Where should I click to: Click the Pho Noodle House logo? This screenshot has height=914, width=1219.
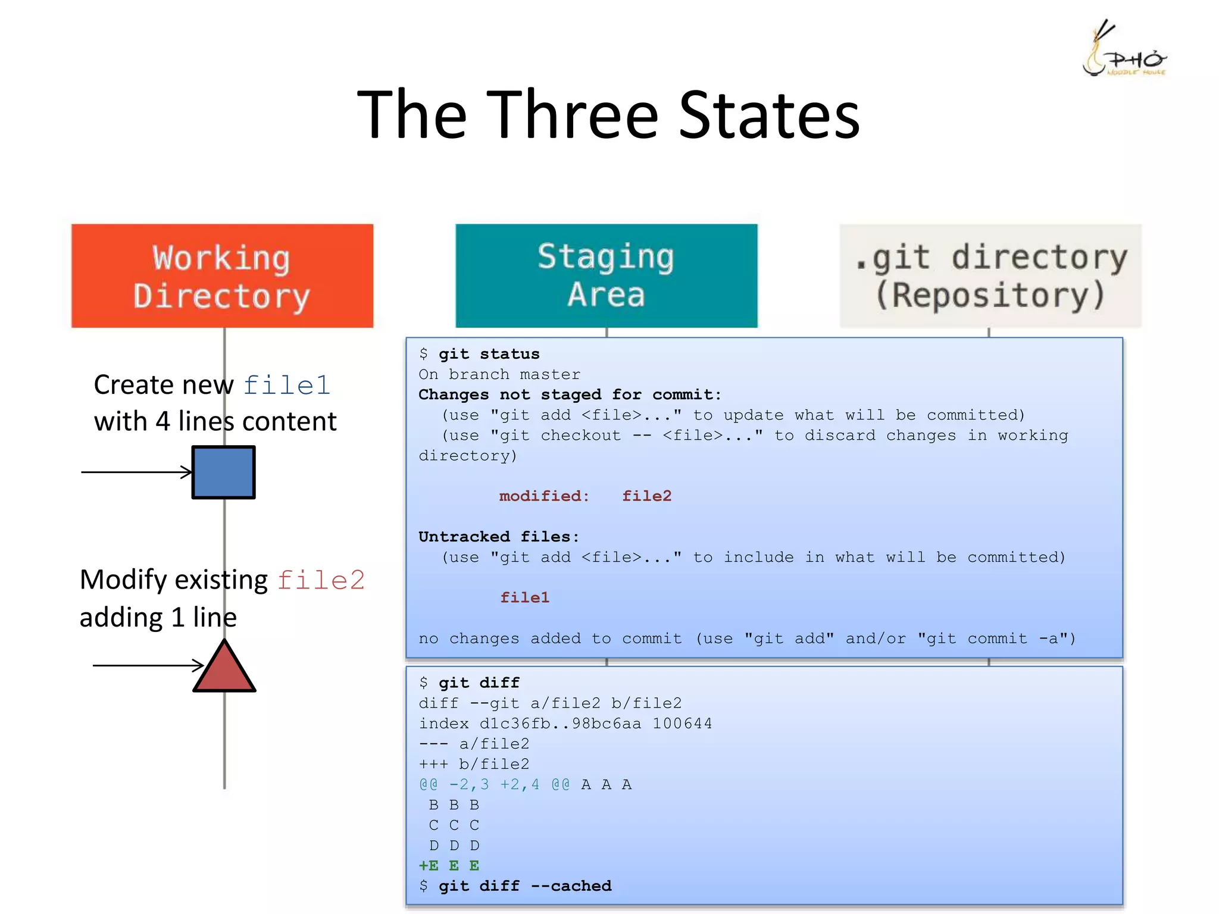pos(1123,51)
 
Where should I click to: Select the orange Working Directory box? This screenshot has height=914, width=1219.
pos(222,276)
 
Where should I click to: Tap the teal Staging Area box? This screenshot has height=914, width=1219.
pos(606,276)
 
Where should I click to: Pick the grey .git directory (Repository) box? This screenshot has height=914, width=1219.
pos(990,276)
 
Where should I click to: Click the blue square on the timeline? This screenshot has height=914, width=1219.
pos(224,472)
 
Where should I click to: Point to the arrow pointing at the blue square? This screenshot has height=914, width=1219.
pos(137,472)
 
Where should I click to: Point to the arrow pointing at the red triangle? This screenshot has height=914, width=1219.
pos(148,665)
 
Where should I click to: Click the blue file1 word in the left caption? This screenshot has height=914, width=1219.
pos(287,385)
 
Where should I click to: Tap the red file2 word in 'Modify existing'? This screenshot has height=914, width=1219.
pos(321,580)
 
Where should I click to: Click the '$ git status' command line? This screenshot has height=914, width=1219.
pos(479,354)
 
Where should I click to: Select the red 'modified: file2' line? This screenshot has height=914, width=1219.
pos(585,496)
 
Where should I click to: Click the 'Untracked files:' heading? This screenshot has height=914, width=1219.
pos(499,537)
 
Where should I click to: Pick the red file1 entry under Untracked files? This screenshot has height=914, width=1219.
pos(524,597)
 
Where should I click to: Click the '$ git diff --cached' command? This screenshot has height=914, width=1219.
pos(515,886)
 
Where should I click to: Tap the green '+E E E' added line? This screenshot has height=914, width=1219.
pos(449,866)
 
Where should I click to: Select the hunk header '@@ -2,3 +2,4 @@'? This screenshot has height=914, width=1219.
pos(494,785)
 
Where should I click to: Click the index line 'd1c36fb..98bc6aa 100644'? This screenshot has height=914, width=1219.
pos(565,724)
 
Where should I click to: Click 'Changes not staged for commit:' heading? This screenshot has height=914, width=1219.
pos(570,395)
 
